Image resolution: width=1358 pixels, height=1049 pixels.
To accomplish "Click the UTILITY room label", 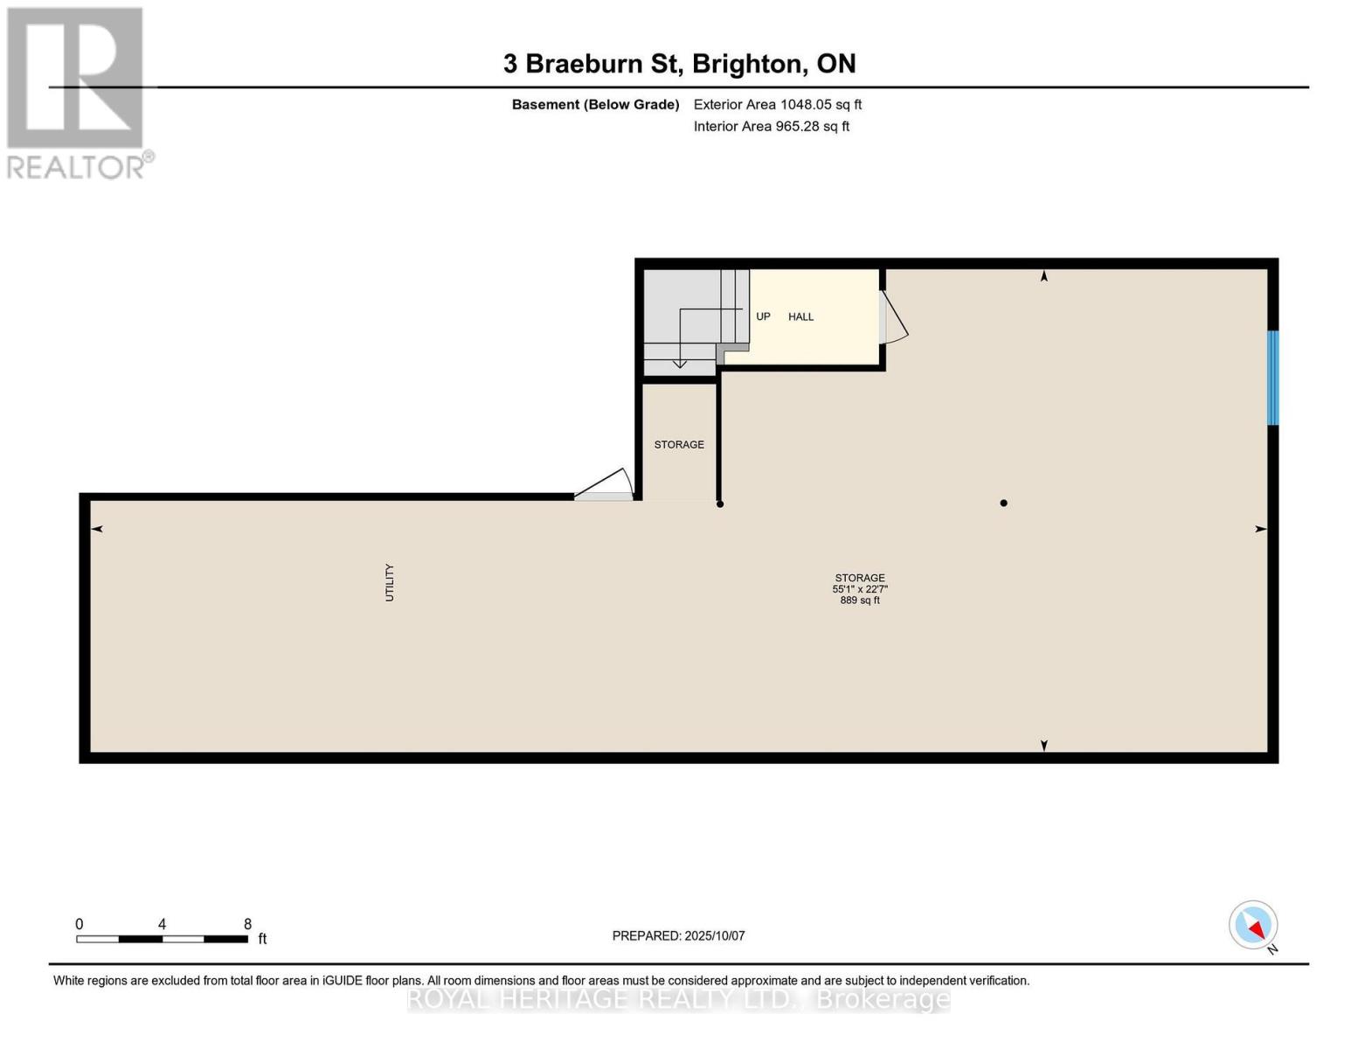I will (390, 582).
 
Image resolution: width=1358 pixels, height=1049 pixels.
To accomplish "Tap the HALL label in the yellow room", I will (800, 316).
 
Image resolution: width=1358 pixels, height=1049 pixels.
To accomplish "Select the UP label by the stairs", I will (763, 316).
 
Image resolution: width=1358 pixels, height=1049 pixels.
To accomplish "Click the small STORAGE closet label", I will (679, 445).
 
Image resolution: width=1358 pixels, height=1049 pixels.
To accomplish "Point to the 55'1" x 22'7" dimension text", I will (860, 589).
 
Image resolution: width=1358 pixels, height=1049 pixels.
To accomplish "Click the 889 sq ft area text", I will (860, 601).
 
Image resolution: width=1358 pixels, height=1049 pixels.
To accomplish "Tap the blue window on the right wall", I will (1273, 378).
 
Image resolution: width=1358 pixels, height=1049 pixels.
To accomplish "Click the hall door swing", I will (895, 316).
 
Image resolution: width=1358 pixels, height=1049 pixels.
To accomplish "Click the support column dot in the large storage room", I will (1003, 503).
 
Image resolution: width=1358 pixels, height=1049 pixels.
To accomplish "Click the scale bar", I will (162, 939).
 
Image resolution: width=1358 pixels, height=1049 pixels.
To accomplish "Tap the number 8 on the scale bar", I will (247, 924).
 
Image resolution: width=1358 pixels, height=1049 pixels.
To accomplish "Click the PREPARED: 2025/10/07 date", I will (678, 935).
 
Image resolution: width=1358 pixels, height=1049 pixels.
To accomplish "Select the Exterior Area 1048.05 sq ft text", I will (777, 104).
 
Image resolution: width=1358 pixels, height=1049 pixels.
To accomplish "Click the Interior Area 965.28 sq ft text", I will (771, 126).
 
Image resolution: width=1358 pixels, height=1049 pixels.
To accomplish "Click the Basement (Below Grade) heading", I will (595, 104).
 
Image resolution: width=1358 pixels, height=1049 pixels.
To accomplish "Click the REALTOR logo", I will (77, 92).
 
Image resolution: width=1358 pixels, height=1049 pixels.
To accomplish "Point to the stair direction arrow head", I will (679, 363).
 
